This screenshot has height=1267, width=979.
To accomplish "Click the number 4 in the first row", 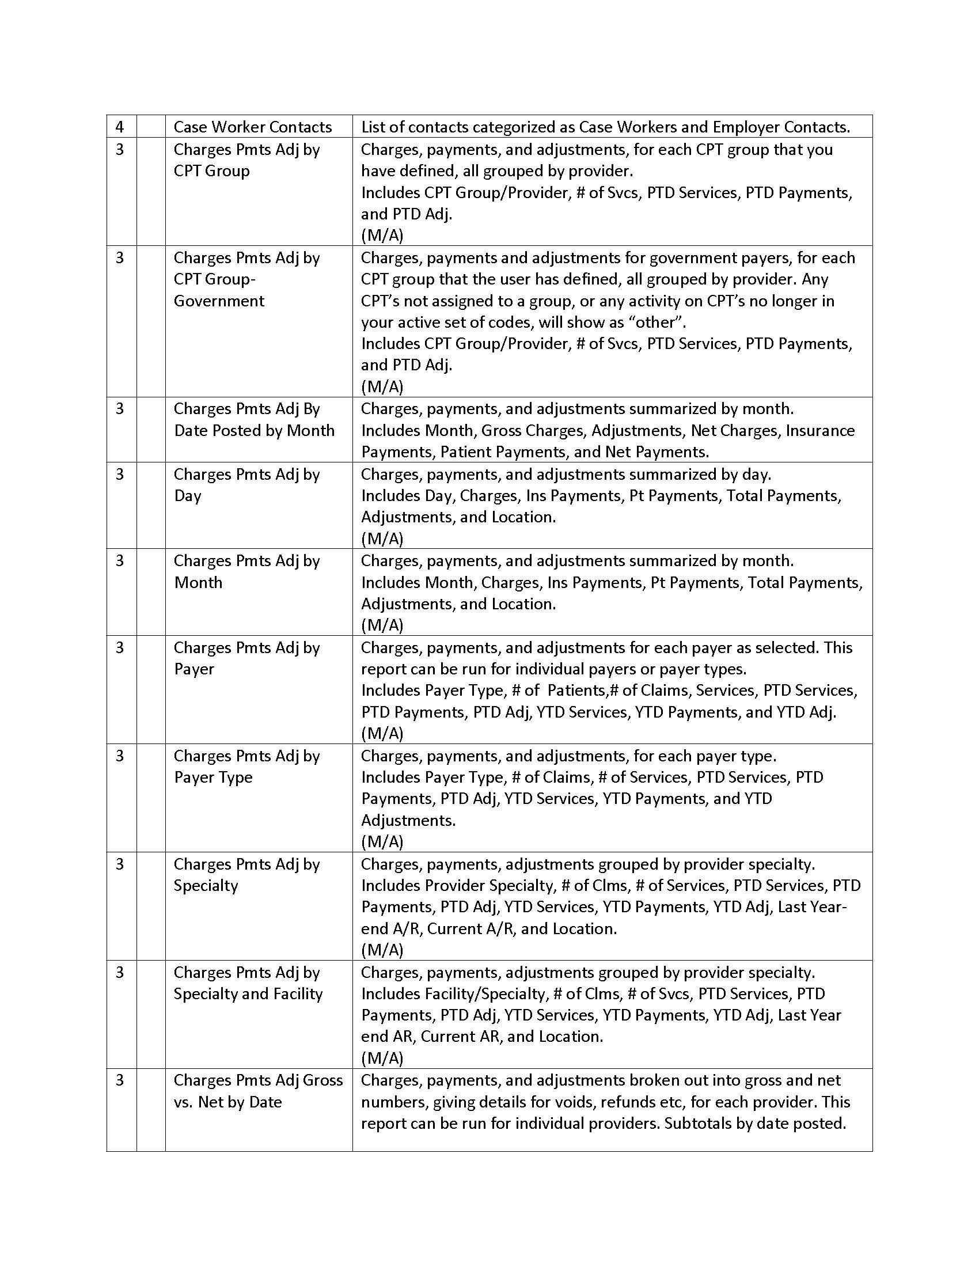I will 119,127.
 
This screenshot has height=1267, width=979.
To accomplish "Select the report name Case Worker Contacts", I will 252,127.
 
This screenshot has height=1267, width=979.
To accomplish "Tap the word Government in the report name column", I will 219,301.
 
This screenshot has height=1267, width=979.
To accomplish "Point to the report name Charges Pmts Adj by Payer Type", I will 246,767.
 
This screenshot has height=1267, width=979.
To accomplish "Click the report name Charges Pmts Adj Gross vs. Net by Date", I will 257,1091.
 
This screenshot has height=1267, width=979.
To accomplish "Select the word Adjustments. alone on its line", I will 408,820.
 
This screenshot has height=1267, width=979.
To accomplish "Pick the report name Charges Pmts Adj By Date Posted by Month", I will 253,419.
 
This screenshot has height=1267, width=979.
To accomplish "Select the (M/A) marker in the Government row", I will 382,386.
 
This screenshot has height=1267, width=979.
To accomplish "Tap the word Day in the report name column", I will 187,496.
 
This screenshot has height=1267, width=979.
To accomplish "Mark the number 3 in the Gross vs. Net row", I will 119,1080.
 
